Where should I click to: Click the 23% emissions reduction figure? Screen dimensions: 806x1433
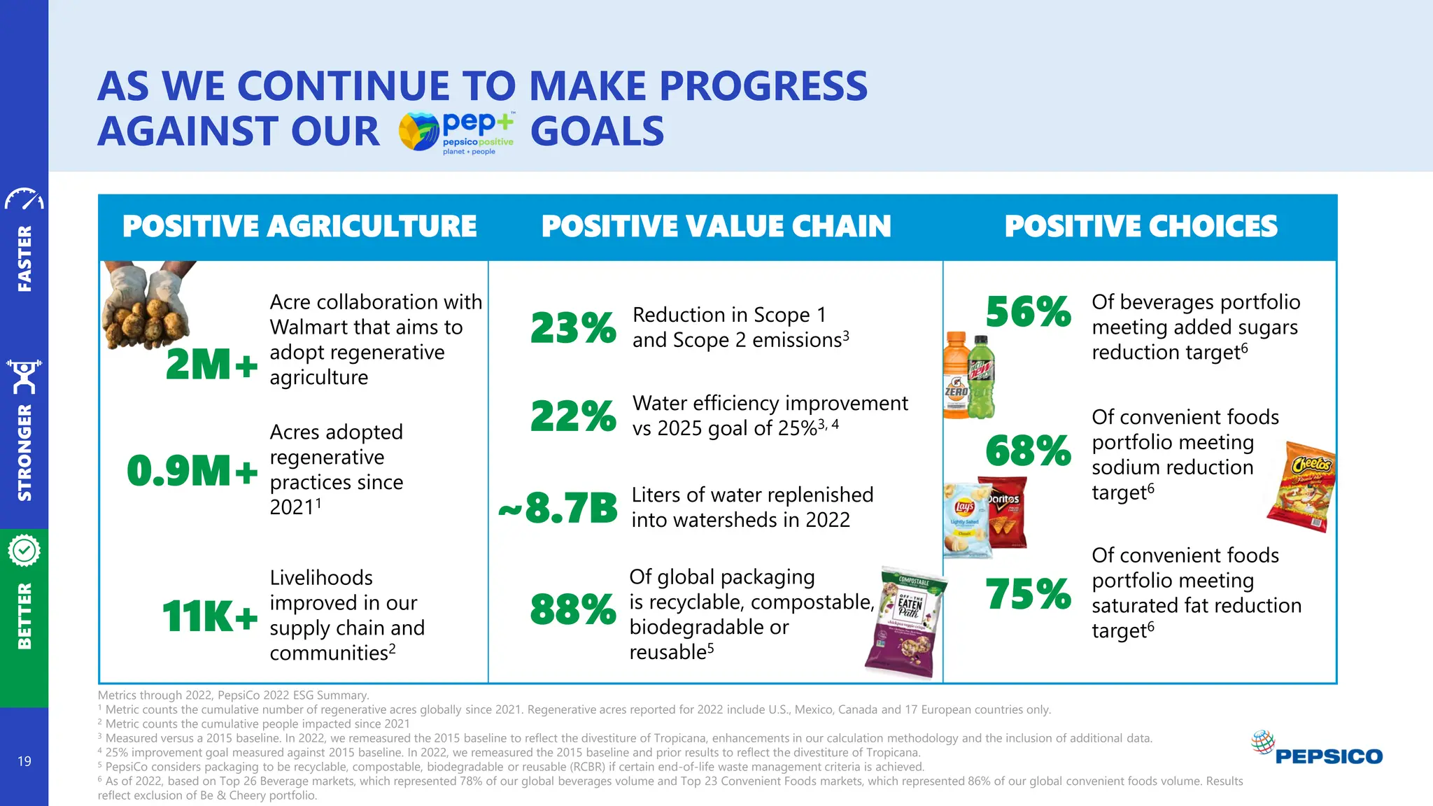[x=573, y=328]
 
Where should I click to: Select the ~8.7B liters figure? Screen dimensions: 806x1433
[x=558, y=508]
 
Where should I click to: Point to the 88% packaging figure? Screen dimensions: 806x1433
[x=573, y=609]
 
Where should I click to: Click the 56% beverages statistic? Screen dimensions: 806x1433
[x=1028, y=312]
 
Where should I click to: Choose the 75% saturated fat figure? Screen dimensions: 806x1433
[x=1028, y=595]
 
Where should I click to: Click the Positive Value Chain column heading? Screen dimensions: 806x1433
[x=716, y=227]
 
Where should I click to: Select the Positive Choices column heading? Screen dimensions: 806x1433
[x=1141, y=227]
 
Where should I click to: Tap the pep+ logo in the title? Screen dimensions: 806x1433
[x=456, y=132]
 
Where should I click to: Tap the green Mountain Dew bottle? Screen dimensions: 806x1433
[x=982, y=377]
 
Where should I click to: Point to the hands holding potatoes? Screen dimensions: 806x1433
[x=146, y=306]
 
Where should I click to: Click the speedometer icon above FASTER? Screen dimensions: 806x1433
[x=24, y=199]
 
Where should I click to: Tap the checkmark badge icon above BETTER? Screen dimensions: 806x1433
[x=24, y=551]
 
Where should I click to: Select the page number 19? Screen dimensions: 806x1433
[x=24, y=761]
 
